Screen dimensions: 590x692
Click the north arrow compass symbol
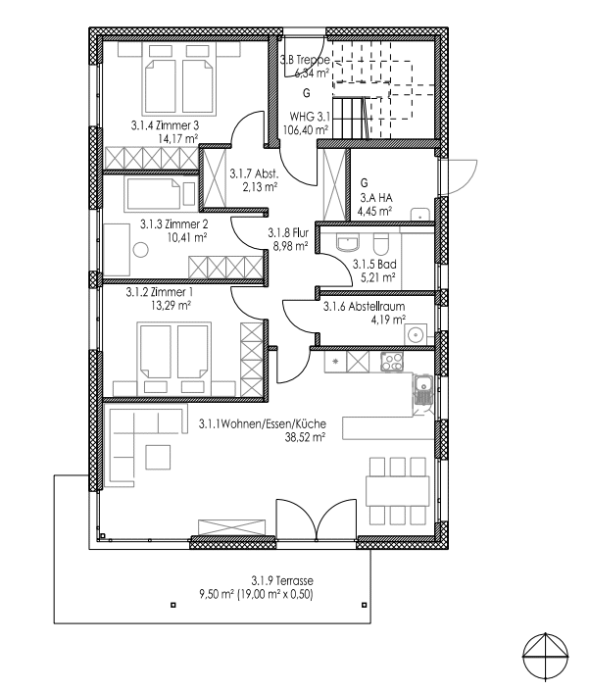[x=546, y=655]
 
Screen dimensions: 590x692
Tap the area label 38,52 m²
[x=306, y=437]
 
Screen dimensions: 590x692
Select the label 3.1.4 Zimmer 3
[x=165, y=125]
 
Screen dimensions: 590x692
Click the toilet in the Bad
[x=380, y=243]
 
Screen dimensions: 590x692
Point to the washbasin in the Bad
[x=348, y=242]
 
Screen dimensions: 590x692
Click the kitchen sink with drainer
[x=422, y=390]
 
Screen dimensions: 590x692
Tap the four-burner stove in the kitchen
[x=392, y=362]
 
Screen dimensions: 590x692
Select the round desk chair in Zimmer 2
[x=141, y=250]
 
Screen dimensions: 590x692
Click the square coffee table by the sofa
[x=158, y=457]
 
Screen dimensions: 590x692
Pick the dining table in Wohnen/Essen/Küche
[x=398, y=491]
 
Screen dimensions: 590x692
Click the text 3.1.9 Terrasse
[x=282, y=580]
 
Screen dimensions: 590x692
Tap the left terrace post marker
[x=173, y=605]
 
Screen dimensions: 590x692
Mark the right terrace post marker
[x=364, y=605]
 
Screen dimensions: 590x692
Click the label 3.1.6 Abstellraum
[x=364, y=306]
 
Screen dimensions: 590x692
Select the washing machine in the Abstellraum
[x=416, y=334]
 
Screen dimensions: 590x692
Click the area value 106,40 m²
[x=309, y=130]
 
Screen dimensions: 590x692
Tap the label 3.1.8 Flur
[x=288, y=232]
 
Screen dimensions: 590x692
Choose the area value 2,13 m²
[x=260, y=187]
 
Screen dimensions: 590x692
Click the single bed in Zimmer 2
[x=153, y=193]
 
